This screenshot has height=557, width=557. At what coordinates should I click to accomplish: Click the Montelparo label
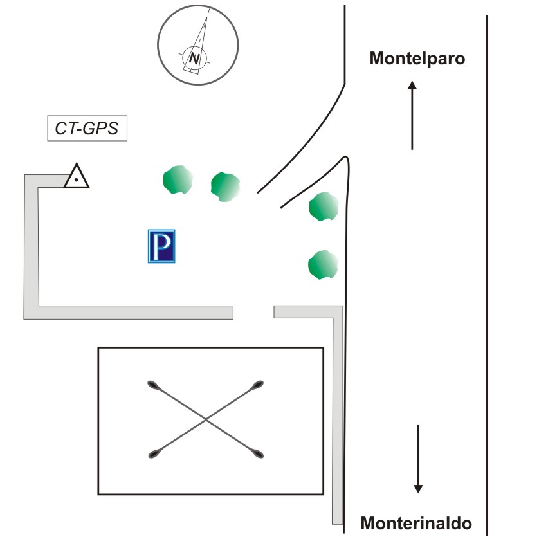(x=417, y=59)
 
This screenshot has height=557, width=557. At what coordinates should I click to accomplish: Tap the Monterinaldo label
(x=416, y=524)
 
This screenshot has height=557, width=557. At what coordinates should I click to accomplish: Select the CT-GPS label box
(x=87, y=128)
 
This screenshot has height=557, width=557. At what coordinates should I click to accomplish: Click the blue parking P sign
(x=161, y=246)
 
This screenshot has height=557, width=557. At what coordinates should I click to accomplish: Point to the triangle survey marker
(x=77, y=176)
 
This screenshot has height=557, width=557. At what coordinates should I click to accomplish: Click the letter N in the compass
(x=194, y=59)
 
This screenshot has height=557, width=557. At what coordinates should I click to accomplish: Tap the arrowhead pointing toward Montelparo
(x=412, y=86)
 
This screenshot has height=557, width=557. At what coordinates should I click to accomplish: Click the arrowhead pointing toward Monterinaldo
(x=418, y=489)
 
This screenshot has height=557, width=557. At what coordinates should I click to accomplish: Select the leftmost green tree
(x=178, y=179)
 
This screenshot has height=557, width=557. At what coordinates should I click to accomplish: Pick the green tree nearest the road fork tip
(x=324, y=206)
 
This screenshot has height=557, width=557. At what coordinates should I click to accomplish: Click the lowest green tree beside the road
(x=323, y=265)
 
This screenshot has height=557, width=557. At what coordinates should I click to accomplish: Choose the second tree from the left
(x=226, y=187)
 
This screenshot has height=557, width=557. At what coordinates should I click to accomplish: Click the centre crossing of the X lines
(x=206, y=420)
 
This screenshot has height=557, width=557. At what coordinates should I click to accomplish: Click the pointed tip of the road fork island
(x=345, y=157)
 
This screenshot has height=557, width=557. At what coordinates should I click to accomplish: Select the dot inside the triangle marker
(x=76, y=179)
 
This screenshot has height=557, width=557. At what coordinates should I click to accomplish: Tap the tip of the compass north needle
(x=206, y=17)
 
